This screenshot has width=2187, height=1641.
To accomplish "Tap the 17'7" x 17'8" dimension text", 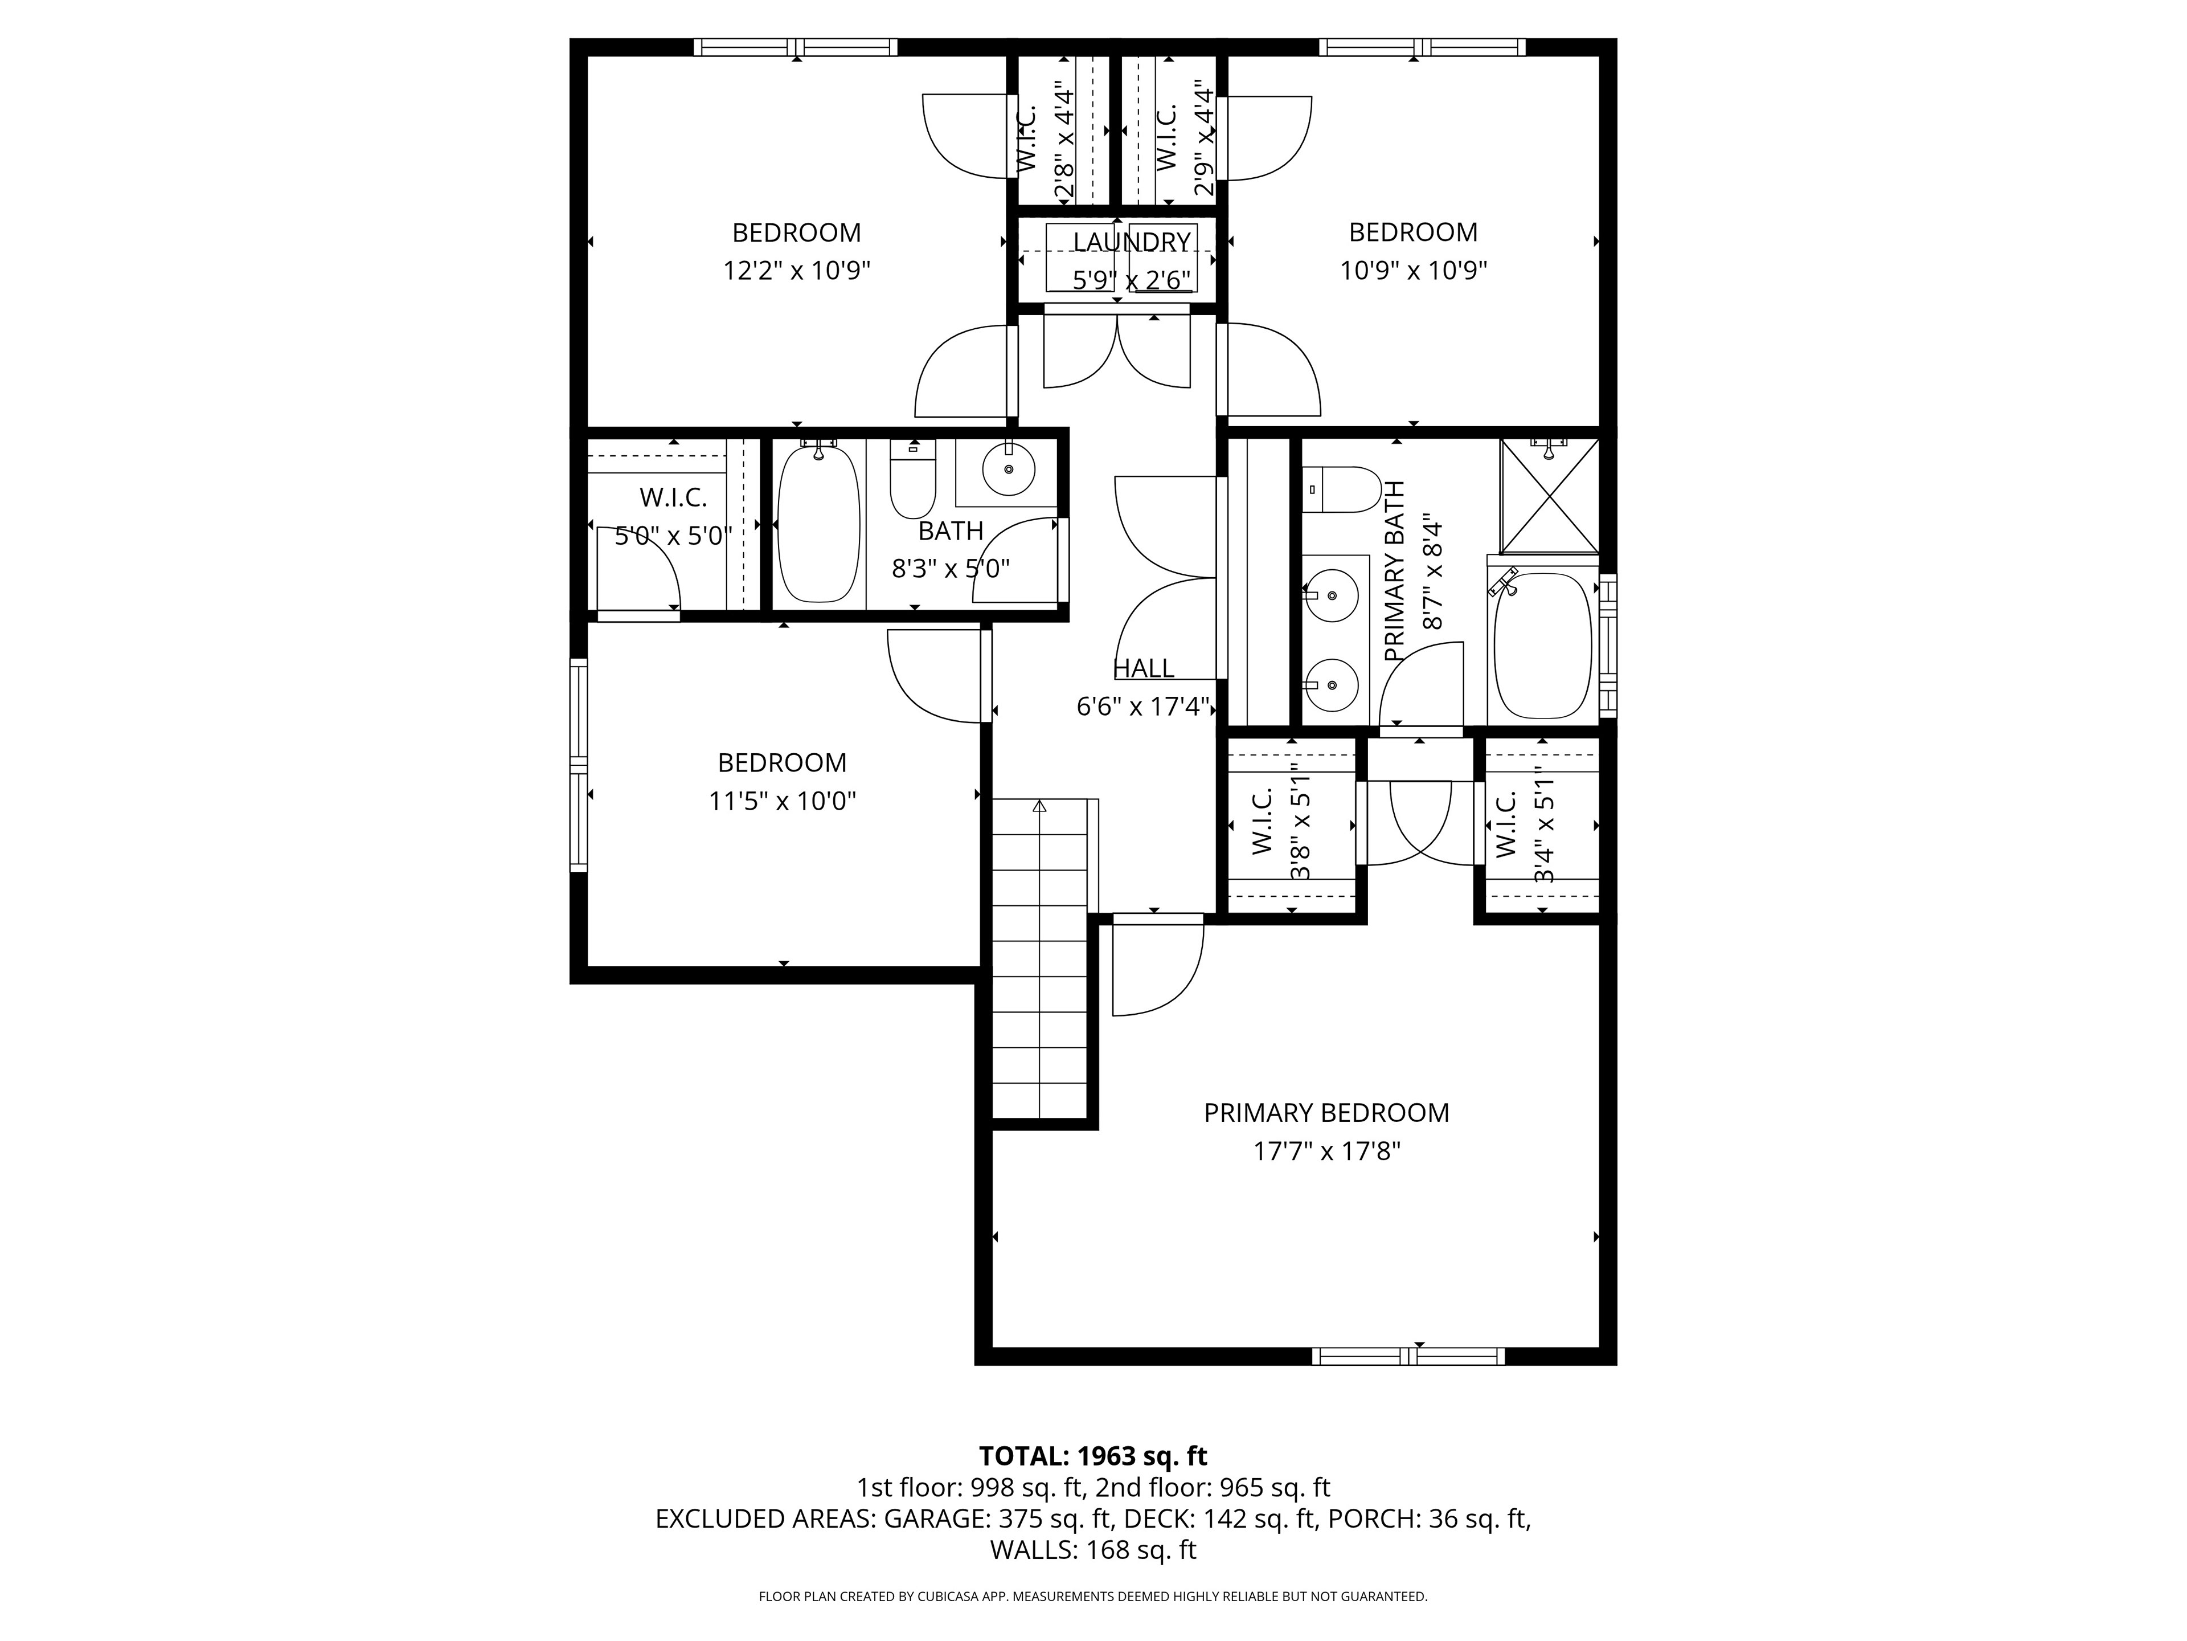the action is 1327,1152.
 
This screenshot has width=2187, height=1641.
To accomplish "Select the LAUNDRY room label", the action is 1132,242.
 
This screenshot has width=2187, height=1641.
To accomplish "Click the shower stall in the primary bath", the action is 1549,496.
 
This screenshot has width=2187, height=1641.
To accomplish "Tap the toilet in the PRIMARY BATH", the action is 1342,489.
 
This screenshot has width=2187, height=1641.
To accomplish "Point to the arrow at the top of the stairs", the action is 1039,807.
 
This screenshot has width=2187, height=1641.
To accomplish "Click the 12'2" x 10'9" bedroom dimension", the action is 797,271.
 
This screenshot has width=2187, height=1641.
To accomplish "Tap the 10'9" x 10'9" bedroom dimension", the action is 1414,270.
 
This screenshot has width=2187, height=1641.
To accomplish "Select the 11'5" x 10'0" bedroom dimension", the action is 782,800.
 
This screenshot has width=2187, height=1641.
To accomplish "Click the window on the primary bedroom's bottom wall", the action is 1409,1356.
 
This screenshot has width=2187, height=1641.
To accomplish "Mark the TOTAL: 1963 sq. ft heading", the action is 1093,1456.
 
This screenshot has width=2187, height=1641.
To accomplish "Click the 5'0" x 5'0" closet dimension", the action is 673,536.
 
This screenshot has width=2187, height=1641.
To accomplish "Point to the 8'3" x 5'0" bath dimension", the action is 951,569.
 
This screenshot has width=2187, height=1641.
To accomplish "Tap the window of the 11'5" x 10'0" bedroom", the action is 579,766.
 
